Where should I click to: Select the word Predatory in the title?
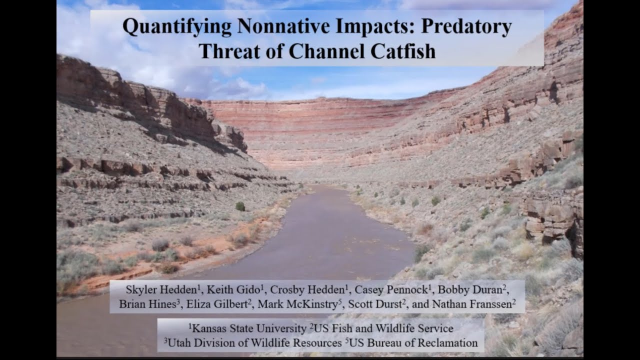466,27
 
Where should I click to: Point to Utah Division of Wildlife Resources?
252,343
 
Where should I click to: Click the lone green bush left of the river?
240,206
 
